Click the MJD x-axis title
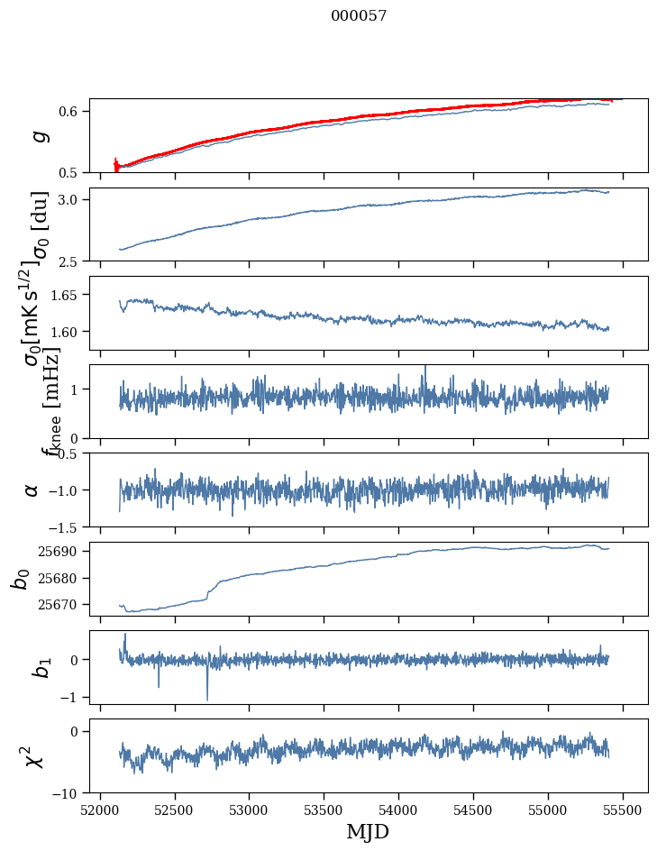click(x=368, y=831)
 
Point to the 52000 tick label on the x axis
click(x=100, y=810)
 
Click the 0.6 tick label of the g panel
click(x=70, y=112)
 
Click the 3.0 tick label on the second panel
click(x=70, y=199)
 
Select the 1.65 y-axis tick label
click(x=66, y=295)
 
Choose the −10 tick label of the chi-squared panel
click(x=68, y=793)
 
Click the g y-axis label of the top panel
click(x=39, y=136)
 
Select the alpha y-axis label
click(x=32, y=490)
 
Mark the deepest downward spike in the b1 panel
click(x=207, y=700)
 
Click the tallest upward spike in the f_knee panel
click(x=425, y=366)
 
